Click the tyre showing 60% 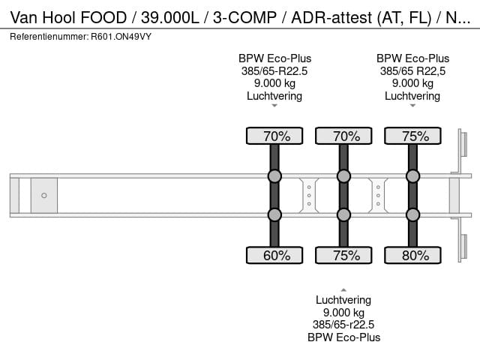(274, 255)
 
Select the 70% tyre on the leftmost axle (274, 136)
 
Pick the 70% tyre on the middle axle (343, 136)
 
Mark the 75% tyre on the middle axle (343, 255)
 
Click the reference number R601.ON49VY (119, 36)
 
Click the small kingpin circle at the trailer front (44, 196)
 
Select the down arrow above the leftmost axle (274, 106)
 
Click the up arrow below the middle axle (343, 289)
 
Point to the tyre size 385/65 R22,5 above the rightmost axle (412, 71)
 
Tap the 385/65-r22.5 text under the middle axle (343, 325)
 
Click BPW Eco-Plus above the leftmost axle (274, 58)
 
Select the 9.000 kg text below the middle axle (343, 313)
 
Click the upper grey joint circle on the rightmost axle (412, 176)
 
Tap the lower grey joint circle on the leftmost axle (274, 214)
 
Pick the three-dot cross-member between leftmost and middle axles (309, 195)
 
